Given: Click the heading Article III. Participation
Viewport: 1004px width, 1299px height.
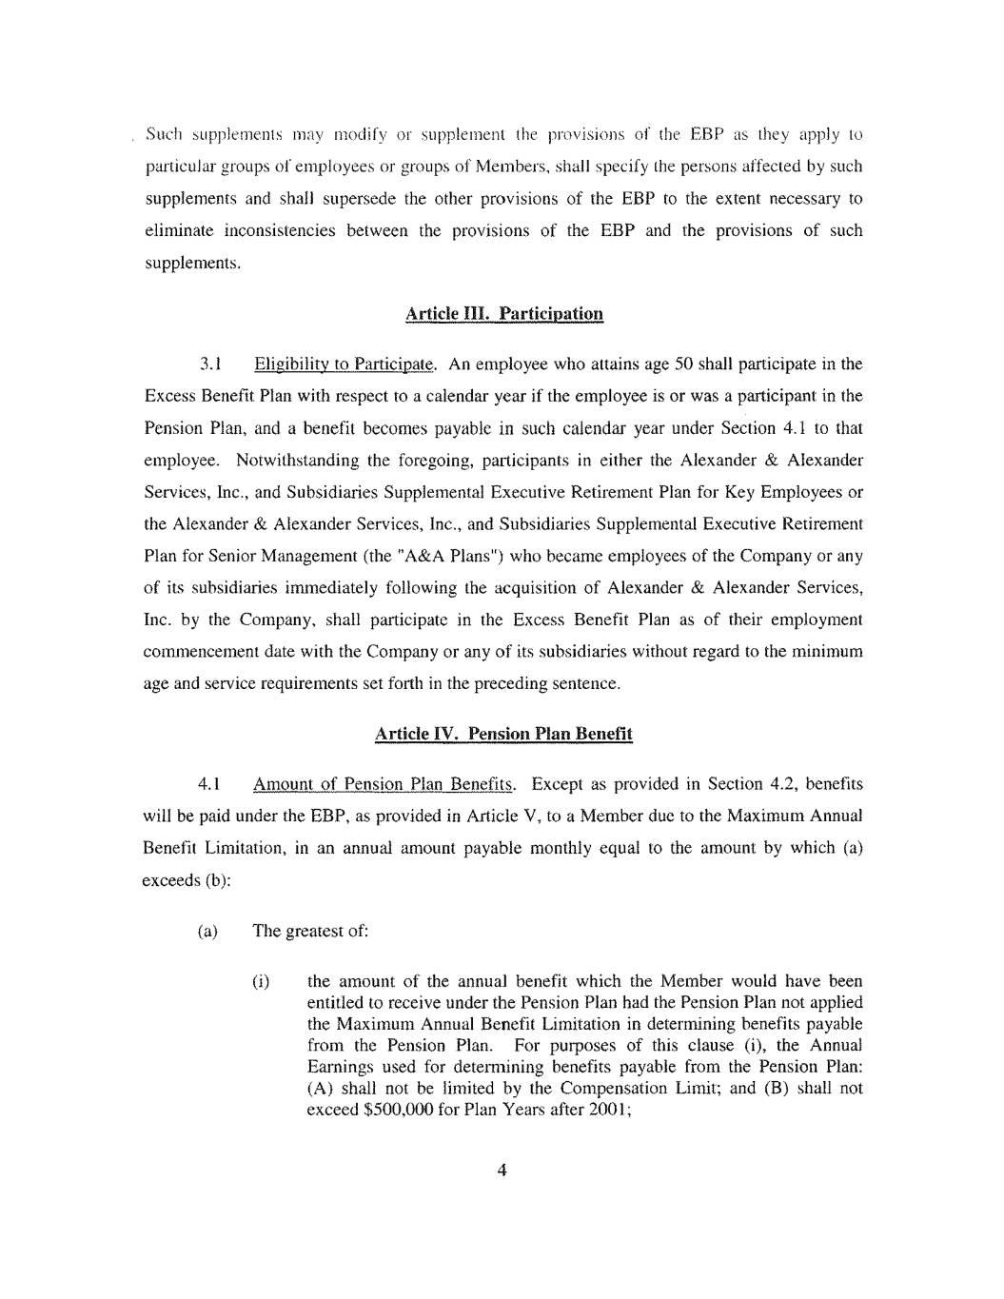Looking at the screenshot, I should click(x=503, y=314).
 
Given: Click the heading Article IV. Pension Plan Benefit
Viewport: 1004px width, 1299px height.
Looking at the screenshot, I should click(x=503, y=734).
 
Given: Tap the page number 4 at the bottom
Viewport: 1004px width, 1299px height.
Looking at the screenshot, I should click(x=502, y=1171).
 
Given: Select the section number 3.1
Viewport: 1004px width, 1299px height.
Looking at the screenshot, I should click(x=210, y=364).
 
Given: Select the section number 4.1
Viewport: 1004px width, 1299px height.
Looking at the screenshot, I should click(x=209, y=784).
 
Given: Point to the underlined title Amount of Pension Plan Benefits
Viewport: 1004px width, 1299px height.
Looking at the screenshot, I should click(x=384, y=784).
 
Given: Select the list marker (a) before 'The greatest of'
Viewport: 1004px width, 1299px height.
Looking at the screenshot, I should click(x=207, y=931).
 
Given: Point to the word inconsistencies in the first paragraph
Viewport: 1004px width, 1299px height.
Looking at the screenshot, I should click(x=280, y=230).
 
